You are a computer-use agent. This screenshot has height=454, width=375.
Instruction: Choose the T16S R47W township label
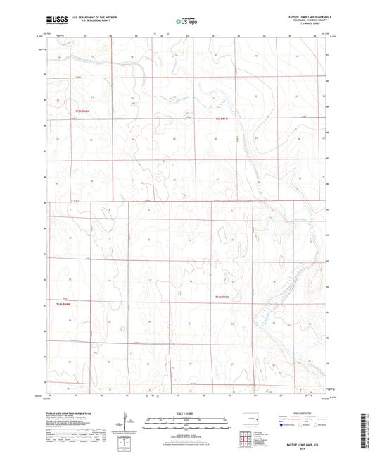[x=223, y=298]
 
